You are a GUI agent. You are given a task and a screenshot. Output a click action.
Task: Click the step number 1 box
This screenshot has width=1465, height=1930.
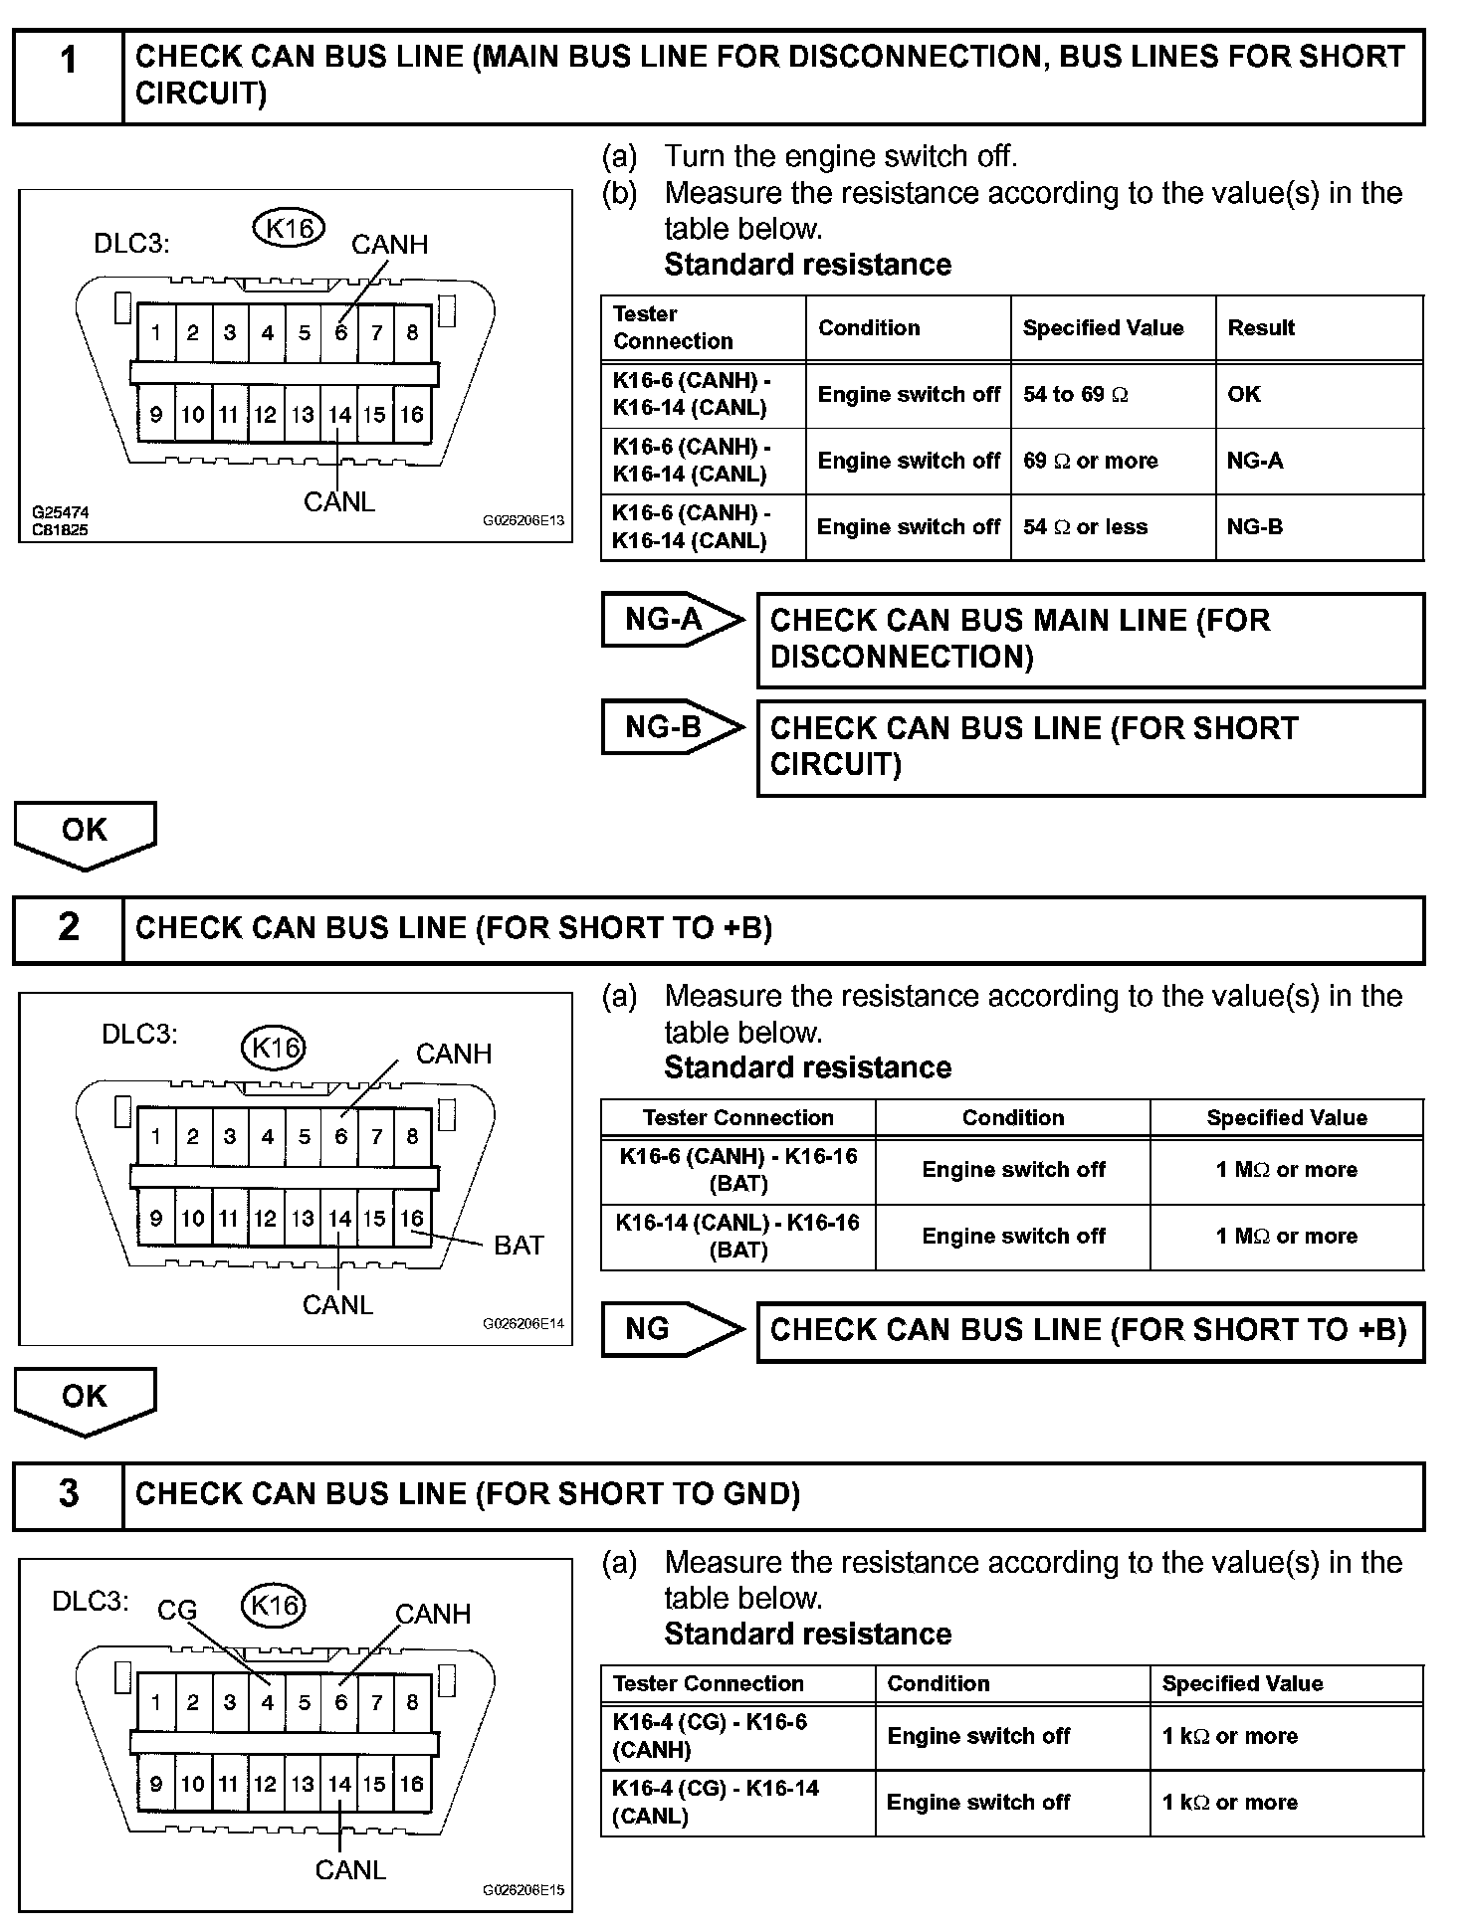68,77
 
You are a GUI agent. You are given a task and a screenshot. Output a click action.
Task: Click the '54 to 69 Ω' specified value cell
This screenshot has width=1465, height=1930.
1112,395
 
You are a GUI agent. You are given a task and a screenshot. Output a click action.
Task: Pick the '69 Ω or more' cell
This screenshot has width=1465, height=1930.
1112,461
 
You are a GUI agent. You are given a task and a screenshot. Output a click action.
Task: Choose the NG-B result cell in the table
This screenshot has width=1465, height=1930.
1319,527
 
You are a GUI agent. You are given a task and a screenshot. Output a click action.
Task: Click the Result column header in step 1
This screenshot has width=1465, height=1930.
1319,328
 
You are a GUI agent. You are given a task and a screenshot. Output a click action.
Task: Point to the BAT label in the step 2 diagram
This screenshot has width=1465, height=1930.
519,1246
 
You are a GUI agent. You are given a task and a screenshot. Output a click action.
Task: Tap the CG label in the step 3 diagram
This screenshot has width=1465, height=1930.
177,1610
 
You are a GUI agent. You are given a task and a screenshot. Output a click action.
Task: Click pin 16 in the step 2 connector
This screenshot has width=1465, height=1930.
412,1219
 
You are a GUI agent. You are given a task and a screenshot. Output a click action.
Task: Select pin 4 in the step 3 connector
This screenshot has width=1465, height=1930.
267,1702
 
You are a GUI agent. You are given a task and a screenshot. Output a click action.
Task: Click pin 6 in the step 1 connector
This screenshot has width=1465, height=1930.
340,332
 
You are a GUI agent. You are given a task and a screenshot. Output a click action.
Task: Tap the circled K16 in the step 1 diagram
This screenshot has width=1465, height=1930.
290,228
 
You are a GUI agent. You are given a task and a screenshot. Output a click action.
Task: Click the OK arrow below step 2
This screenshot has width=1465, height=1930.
85,1398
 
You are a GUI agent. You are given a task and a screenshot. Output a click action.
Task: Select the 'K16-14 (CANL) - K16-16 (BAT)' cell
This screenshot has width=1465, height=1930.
737,1237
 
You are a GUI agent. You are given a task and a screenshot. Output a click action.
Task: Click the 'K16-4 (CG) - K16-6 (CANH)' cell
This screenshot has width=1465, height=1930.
737,1736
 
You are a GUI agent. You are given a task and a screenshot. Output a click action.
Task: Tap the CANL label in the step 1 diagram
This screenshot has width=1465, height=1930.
339,502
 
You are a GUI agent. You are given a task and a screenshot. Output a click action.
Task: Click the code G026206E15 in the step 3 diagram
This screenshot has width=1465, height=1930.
523,1889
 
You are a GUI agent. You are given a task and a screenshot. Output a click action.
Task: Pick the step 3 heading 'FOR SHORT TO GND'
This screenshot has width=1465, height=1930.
468,1494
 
